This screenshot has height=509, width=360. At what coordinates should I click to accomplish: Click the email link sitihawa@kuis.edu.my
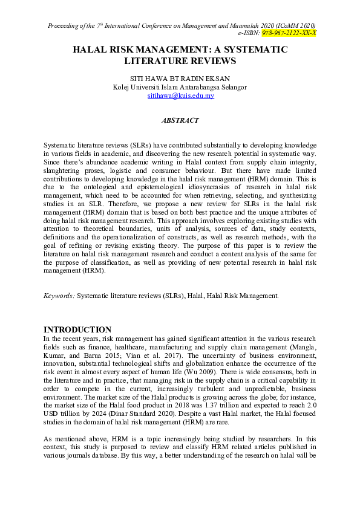[180, 96]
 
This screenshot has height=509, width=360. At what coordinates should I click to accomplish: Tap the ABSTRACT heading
[180, 120]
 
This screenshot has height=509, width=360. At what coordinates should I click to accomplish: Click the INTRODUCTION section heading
[77, 329]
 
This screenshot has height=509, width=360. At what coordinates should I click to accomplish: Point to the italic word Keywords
[59, 296]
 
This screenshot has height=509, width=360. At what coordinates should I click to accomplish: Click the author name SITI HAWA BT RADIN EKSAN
[180, 79]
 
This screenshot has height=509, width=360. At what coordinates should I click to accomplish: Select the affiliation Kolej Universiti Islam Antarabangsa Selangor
[180, 87]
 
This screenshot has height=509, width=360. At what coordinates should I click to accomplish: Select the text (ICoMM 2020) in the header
[295, 25]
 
